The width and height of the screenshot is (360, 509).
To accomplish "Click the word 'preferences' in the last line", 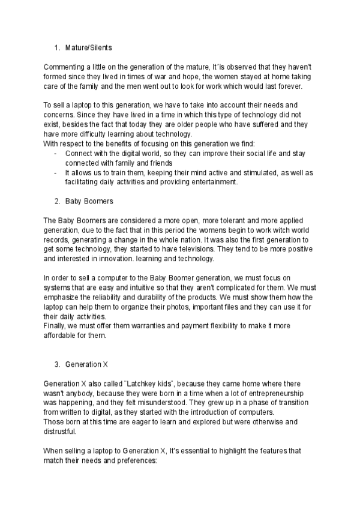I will tap(135, 460).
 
